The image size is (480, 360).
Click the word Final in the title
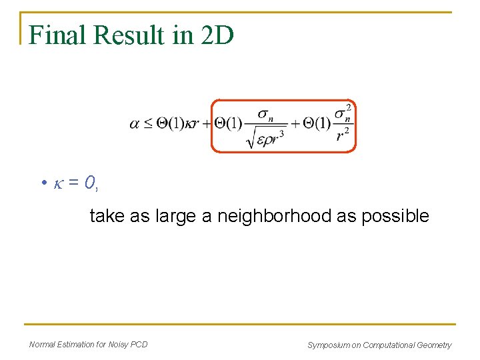click(58, 35)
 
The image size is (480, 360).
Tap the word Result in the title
click(131, 35)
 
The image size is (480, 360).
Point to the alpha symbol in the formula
click(134, 125)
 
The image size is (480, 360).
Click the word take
click(105, 216)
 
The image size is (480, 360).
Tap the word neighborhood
click(273, 216)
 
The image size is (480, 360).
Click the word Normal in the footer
click(43, 345)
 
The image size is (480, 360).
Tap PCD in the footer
click(139, 345)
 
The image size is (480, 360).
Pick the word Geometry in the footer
click(435, 345)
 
